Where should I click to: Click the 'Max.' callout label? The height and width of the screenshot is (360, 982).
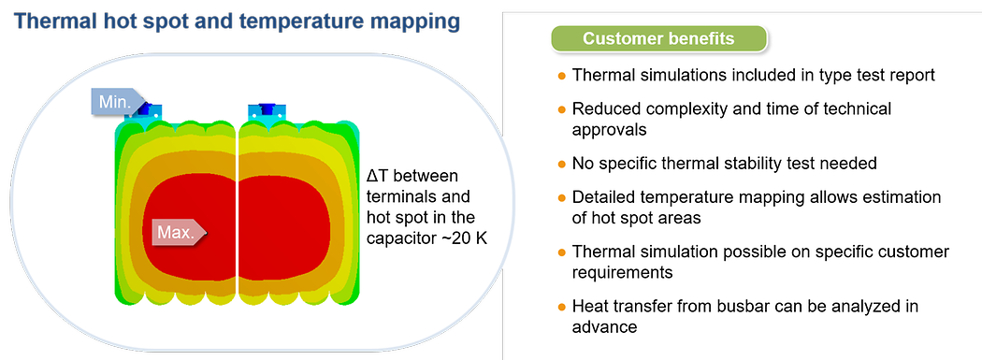click(x=179, y=233)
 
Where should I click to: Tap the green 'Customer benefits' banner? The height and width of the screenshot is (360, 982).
click(x=658, y=39)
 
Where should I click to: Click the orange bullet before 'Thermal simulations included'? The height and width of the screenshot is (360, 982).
click(x=561, y=76)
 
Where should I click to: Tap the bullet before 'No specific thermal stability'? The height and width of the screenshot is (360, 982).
click(x=561, y=164)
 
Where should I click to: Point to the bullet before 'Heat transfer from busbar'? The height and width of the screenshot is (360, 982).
click(x=561, y=307)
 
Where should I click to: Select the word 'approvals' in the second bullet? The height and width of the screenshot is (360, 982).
click(x=611, y=130)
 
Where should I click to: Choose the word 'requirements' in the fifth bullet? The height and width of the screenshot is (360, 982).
click(x=623, y=273)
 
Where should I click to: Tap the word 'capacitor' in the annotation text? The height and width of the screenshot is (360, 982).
click(x=396, y=239)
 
